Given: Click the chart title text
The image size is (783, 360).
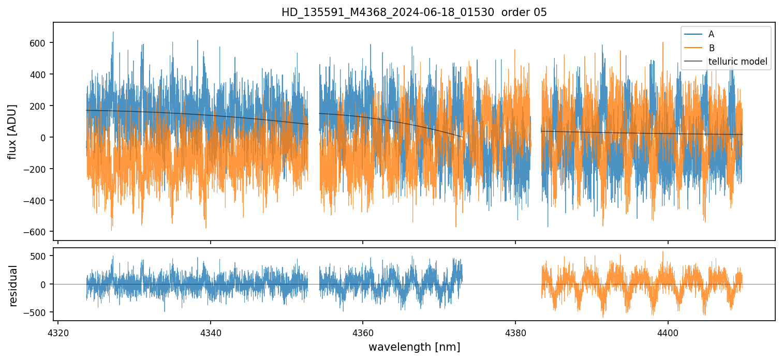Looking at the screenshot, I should coord(414,12).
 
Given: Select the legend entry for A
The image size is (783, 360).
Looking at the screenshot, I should coord(711,34).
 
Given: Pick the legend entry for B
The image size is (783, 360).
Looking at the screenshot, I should coord(712,48).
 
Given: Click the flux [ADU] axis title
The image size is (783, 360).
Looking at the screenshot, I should coord(12,131).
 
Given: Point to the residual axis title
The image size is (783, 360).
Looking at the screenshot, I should coord(13,286).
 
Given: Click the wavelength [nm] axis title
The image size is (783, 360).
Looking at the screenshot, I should coord(414,347).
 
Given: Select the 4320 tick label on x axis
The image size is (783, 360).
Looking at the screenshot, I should coord(57,332).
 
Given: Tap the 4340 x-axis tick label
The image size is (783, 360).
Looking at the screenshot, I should coord(210,332).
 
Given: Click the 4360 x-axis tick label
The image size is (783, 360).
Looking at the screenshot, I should coord(362,332).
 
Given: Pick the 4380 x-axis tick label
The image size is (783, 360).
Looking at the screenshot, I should coord(515,332).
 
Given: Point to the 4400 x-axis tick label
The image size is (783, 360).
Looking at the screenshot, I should coord(668,332).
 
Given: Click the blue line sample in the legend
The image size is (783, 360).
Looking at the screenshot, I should coord(693,34).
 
